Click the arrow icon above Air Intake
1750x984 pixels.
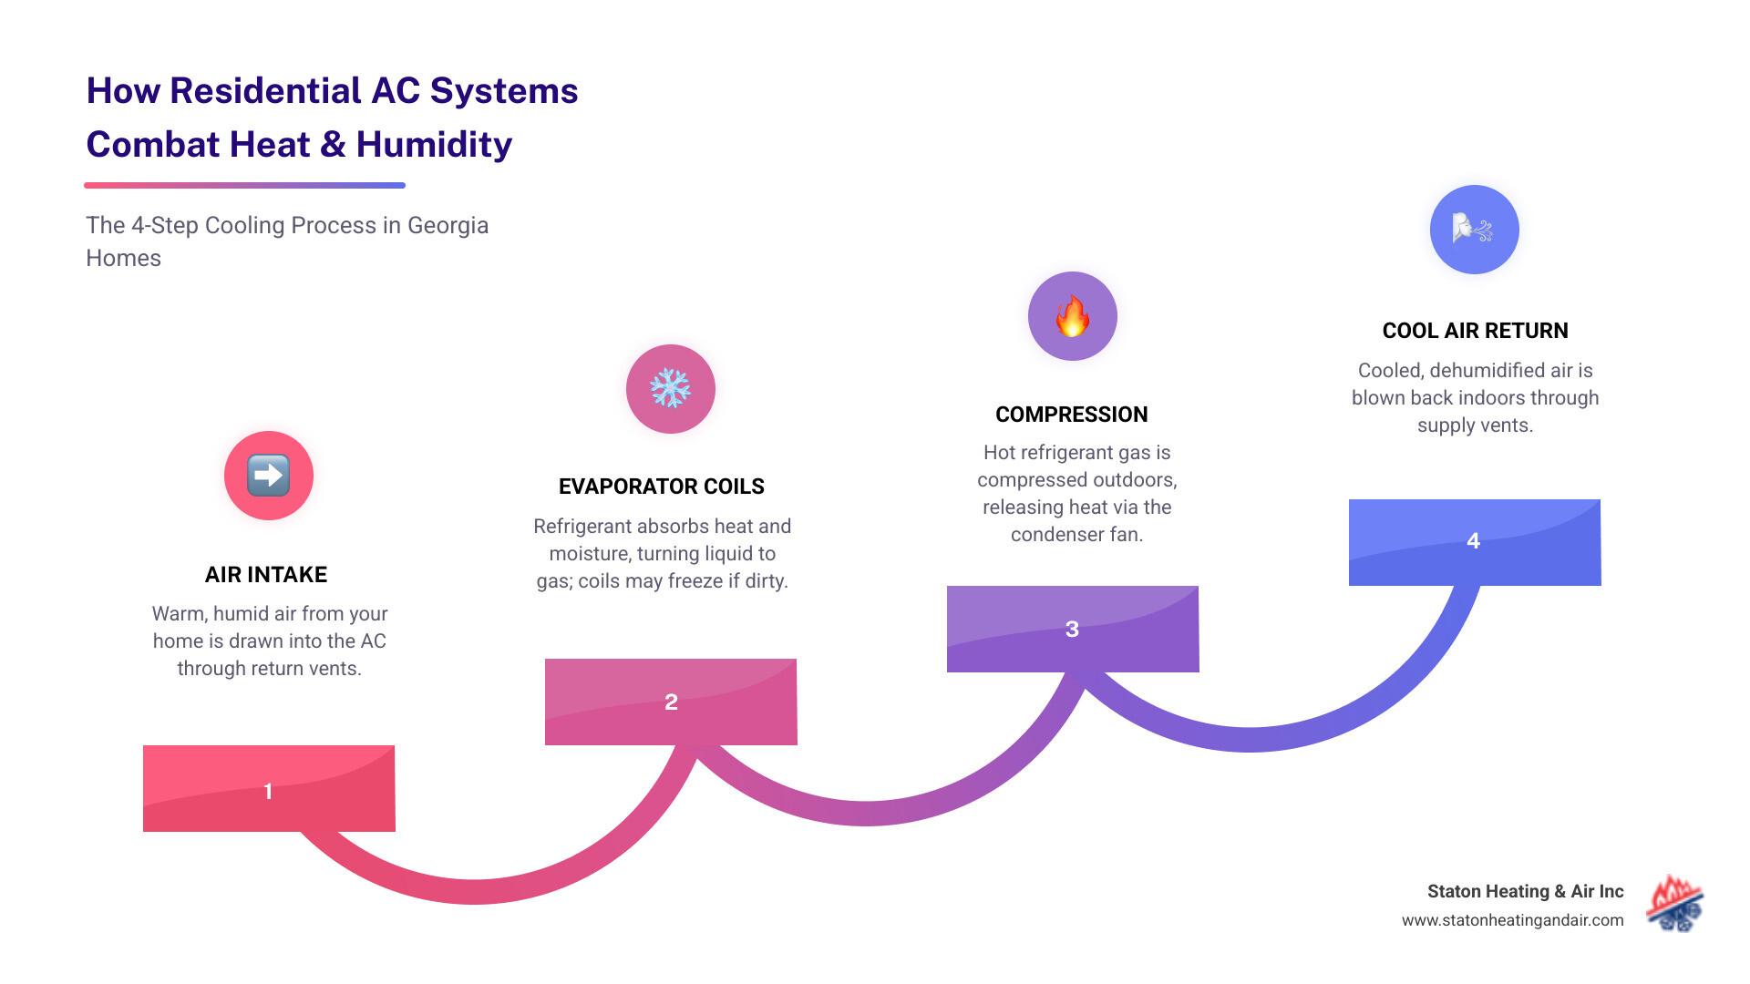(269, 476)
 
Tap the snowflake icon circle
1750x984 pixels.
(671, 389)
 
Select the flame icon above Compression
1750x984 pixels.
(1073, 316)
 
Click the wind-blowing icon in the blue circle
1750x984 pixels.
(1474, 230)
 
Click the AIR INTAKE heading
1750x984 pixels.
(266, 575)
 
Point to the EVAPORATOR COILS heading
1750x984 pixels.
(662, 487)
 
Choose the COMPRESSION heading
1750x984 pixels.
(1072, 415)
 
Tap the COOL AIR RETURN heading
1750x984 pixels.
(1475, 331)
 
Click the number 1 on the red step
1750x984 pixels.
(268, 791)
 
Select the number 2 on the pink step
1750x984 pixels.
(671, 702)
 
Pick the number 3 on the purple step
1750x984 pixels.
(1072, 630)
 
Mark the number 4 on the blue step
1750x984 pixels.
(1473, 541)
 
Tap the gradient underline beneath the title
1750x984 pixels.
(244, 185)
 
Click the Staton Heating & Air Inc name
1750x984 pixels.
(1525, 891)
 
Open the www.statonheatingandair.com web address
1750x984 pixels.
(1512, 920)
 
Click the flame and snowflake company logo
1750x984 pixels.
(1675, 905)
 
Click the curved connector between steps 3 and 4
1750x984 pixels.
(1249, 739)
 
